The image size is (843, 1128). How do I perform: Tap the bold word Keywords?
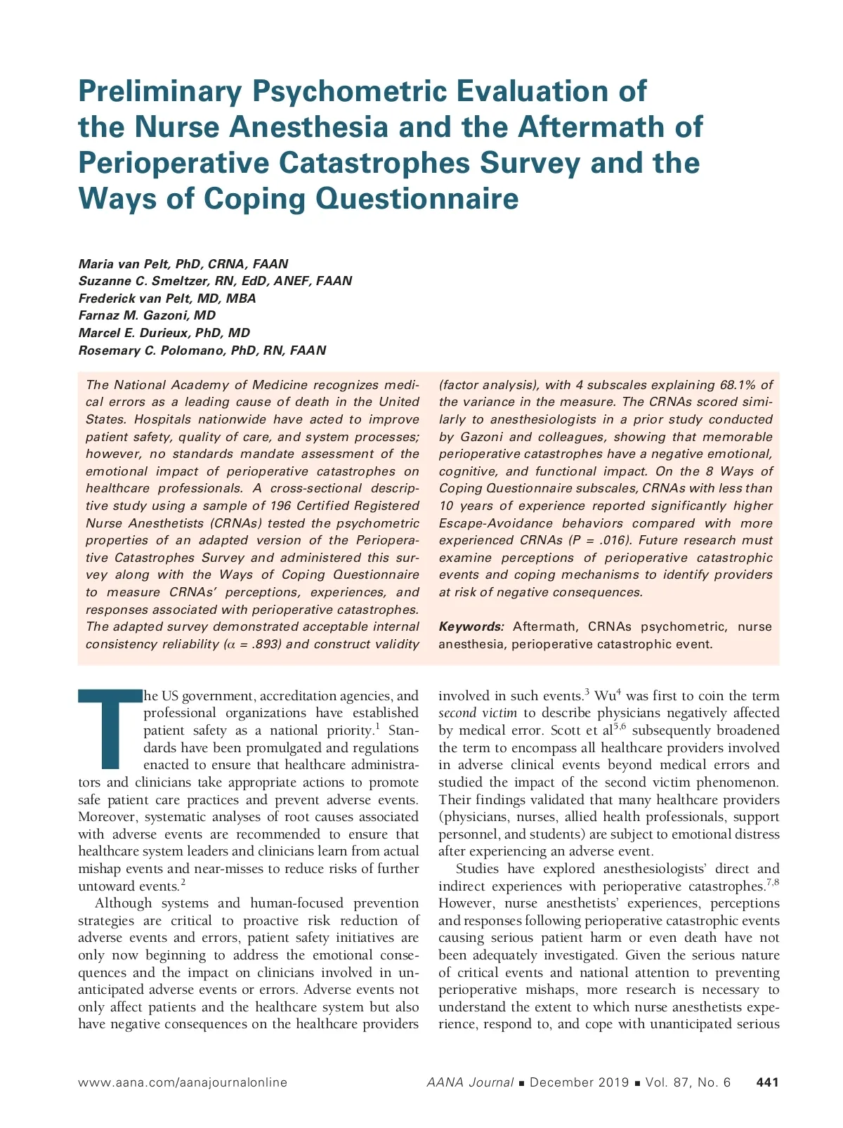471,627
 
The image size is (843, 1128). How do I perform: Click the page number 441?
767,1082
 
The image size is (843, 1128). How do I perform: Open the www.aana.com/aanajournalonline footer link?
183,1082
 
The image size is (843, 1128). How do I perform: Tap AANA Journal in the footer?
470,1082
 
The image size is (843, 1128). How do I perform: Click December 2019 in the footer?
579,1082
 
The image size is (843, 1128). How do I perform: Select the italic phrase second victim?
478,713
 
